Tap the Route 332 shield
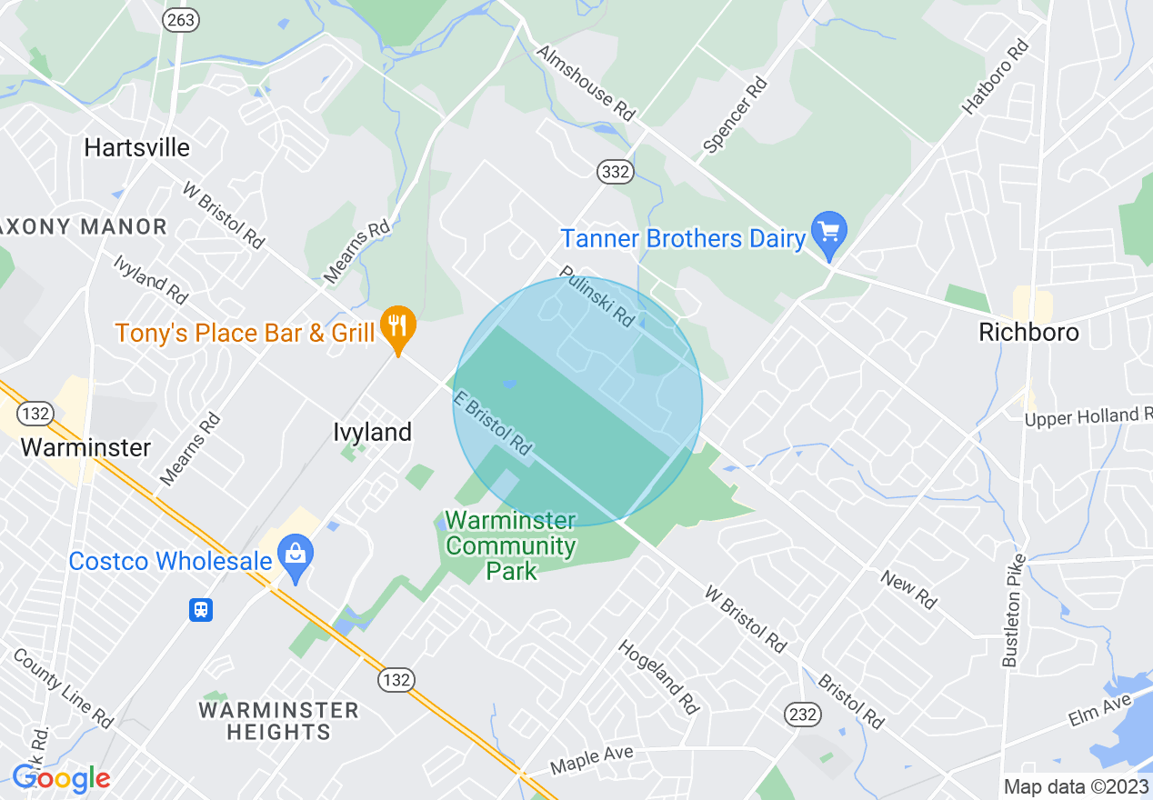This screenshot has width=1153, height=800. pyautogui.click(x=616, y=172)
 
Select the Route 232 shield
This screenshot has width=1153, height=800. pyautogui.click(x=803, y=714)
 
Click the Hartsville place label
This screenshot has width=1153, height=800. pyautogui.click(x=136, y=147)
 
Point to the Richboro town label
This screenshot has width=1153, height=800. pyautogui.click(x=1028, y=333)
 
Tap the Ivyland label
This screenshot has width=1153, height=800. pyautogui.click(x=372, y=432)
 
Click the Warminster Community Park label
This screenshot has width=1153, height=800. pyautogui.click(x=510, y=545)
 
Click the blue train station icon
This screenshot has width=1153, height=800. pyautogui.click(x=201, y=610)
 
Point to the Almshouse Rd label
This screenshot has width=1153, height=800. pyautogui.click(x=585, y=83)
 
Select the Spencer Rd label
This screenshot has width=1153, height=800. pyautogui.click(x=736, y=115)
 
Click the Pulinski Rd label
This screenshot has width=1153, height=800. pyautogui.click(x=597, y=295)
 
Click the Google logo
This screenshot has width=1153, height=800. pyautogui.click(x=61, y=778)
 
